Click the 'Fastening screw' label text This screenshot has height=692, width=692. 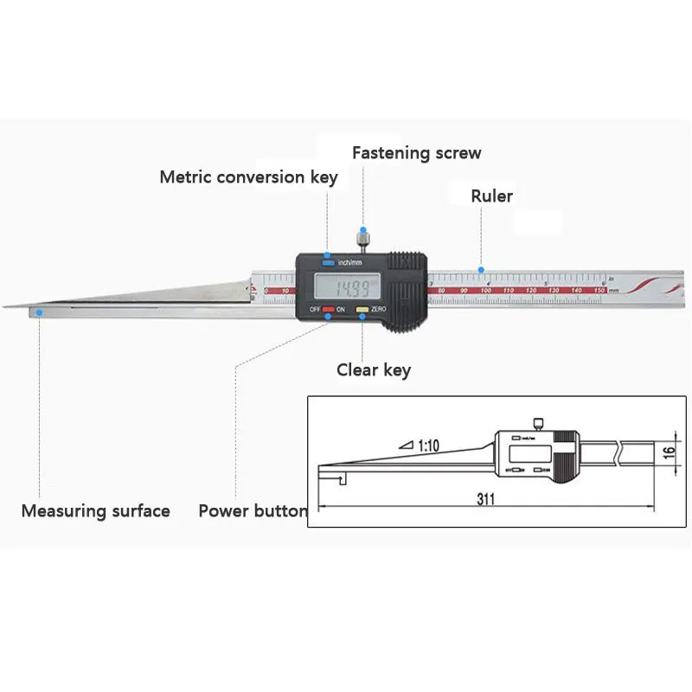pyautogui.click(x=416, y=153)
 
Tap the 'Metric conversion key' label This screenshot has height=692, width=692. pyautogui.click(x=248, y=177)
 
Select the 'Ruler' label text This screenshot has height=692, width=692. pyautogui.click(x=491, y=196)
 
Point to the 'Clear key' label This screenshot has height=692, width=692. pyautogui.click(x=374, y=370)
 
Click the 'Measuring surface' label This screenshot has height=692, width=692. pyautogui.click(x=95, y=510)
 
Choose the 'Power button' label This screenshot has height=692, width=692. pyautogui.click(x=253, y=510)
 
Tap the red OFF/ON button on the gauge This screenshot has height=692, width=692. pyautogui.click(x=329, y=309)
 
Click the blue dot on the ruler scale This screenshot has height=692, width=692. pyautogui.click(x=481, y=270)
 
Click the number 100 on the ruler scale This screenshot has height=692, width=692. pyautogui.click(x=486, y=290)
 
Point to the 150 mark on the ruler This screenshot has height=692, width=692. pyautogui.click(x=598, y=290)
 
